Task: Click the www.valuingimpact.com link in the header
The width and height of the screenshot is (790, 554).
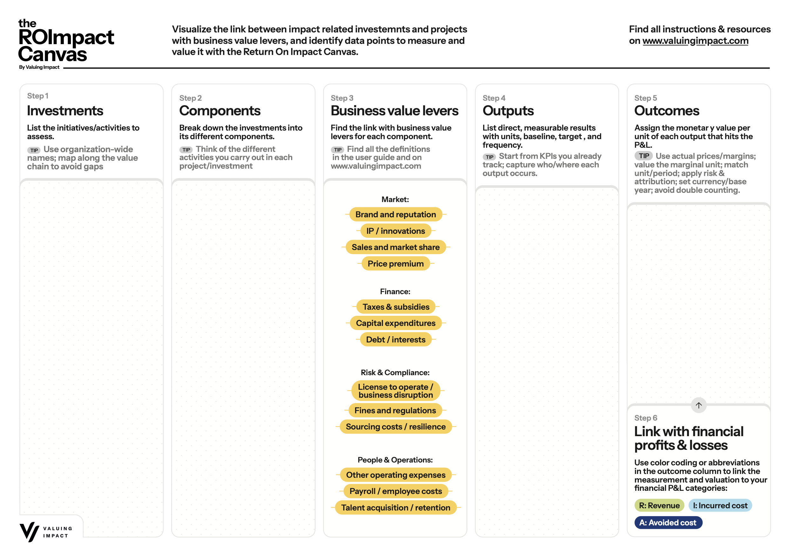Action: click(x=695, y=41)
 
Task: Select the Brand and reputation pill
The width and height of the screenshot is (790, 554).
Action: click(x=395, y=215)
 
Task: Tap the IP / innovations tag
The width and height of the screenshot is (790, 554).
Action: click(x=395, y=231)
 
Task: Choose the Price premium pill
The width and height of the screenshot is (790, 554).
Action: click(x=395, y=264)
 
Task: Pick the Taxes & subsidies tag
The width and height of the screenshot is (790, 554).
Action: click(x=396, y=307)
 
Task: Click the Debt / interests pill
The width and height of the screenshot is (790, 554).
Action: click(x=395, y=340)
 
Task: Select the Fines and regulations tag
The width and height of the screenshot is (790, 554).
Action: click(x=395, y=411)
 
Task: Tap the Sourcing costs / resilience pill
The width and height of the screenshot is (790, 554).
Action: click(x=395, y=427)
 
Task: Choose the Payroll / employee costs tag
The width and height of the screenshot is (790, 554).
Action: click(x=395, y=491)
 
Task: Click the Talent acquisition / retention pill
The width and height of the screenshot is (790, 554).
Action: click(x=395, y=508)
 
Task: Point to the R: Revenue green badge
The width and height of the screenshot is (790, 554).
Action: click(x=659, y=505)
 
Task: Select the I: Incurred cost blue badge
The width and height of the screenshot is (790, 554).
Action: click(x=720, y=505)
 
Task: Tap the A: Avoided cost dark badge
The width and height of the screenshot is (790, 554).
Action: click(x=668, y=523)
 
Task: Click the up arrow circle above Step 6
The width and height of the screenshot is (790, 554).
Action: click(x=698, y=405)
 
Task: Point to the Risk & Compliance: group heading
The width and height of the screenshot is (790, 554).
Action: click(x=395, y=373)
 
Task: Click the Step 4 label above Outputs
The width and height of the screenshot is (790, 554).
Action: click(x=494, y=98)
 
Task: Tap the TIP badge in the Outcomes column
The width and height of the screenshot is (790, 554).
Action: click(x=644, y=156)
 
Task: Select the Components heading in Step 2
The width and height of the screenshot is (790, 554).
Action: click(x=220, y=111)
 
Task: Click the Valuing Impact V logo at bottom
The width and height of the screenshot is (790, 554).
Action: click(x=29, y=532)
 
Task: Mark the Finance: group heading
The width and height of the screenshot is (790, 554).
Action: click(x=395, y=292)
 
